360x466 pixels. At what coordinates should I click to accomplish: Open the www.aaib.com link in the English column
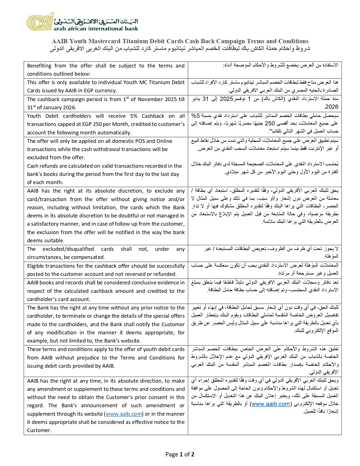pos(124,414)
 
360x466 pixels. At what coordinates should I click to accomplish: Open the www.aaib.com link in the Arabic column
pos(270,404)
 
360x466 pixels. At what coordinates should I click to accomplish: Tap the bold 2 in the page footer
pos(193,454)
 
